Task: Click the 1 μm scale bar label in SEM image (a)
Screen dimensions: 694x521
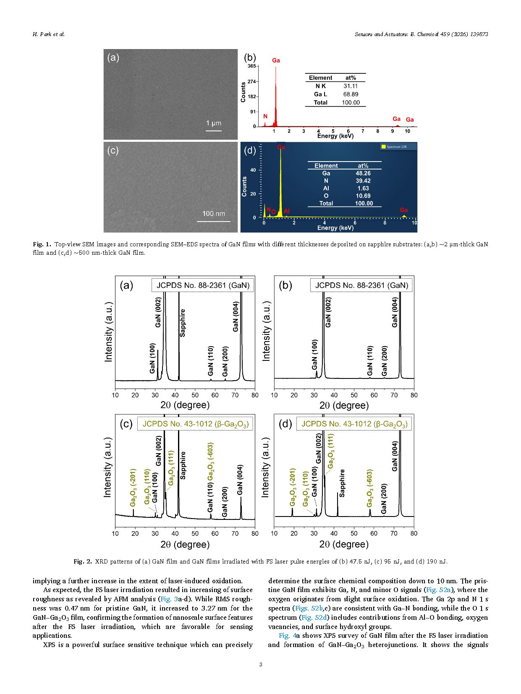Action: (x=214, y=123)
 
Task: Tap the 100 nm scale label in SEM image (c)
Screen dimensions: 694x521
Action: (x=214, y=214)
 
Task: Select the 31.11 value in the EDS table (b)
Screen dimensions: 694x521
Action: (x=351, y=86)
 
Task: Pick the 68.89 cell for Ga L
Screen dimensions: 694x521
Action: (x=351, y=94)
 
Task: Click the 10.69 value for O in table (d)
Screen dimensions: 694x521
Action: (x=363, y=196)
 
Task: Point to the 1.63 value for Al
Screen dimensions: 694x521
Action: (x=363, y=188)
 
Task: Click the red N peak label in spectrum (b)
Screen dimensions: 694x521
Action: (x=265, y=116)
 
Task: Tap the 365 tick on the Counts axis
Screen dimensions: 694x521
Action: (x=251, y=66)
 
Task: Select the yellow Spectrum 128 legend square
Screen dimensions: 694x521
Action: (x=383, y=146)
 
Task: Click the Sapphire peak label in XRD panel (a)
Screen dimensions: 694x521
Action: (x=183, y=323)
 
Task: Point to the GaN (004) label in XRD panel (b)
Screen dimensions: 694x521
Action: (x=395, y=312)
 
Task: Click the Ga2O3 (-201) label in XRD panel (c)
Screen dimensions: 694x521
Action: (x=133, y=488)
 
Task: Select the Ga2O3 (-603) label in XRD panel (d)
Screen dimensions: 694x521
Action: (x=370, y=488)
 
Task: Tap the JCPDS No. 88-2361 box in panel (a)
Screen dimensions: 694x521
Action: (x=203, y=285)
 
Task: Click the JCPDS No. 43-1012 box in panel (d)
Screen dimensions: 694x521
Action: (x=354, y=424)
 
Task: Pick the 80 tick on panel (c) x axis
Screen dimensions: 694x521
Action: (x=255, y=533)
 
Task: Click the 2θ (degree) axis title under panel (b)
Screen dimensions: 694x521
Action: (x=344, y=405)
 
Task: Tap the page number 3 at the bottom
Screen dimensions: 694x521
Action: (x=261, y=664)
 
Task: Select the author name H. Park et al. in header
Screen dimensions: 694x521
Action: (x=49, y=34)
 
